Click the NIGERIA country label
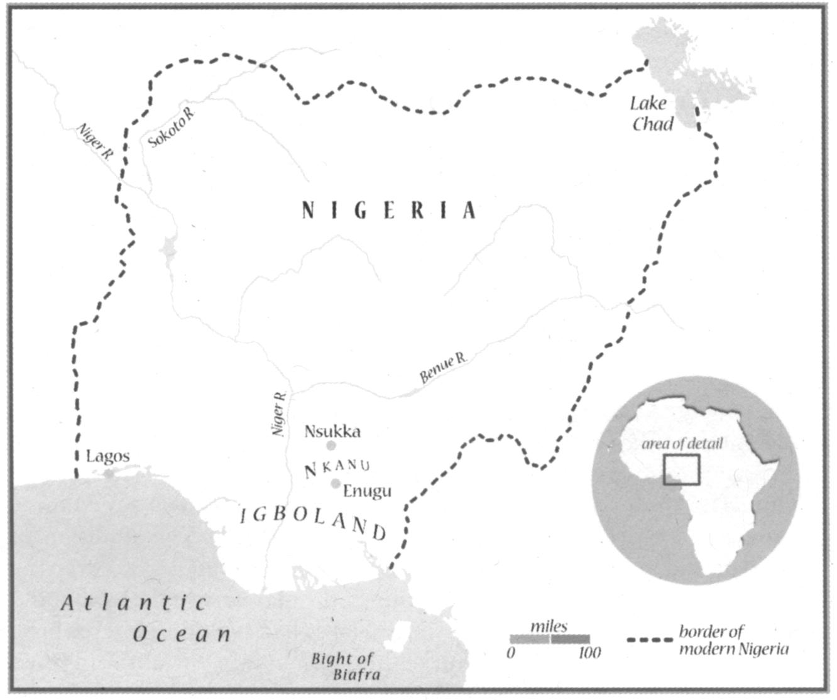pyautogui.click(x=388, y=210)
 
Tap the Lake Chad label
pyautogui.click(x=652, y=114)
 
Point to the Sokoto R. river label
pyautogui.click(x=172, y=128)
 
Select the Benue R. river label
pyautogui.click(x=444, y=368)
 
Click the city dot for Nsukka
pyautogui.click(x=331, y=446)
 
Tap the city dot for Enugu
pyautogui.click(x=336, y=483)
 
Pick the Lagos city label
pyautogui.click(x=107, y=456)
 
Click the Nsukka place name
pyautogui.click(x=332, y=431)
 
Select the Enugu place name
pyautogui.click(x=367, y=491)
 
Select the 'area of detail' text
pyautogui.click(x=682, y=444)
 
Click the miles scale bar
pyautogui.click(x=550, y=639)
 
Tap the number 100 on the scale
pyautogui.click(x=589, y=654)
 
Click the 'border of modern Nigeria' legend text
pyautogui.click(x=733, y=640)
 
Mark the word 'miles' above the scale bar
pyautogui.click(x=549, y=626)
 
